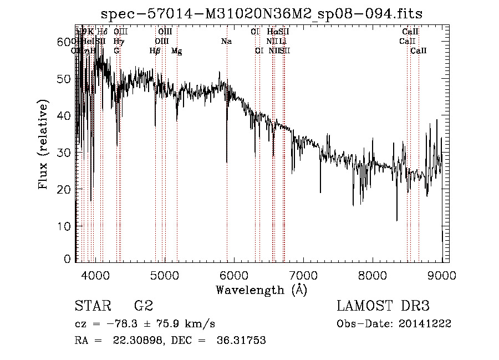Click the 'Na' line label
226,41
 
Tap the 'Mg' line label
177,51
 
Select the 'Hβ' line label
155,50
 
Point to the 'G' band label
116,50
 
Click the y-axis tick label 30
65,153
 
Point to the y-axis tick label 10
65,226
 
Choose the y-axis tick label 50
65,79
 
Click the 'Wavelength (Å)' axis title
261,289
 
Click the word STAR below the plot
91,306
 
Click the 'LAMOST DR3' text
383,306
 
